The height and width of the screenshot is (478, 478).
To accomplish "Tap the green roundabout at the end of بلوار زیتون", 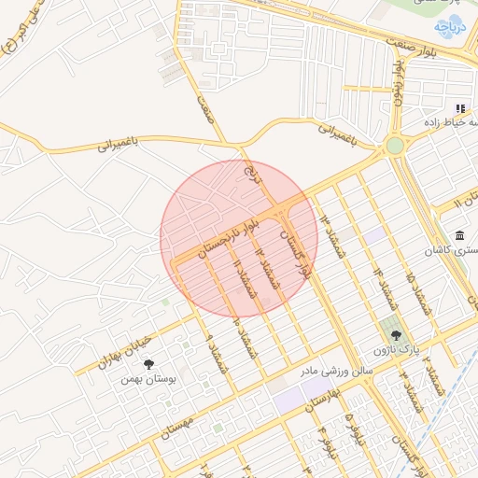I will pyautogui.click(x=395, y=146).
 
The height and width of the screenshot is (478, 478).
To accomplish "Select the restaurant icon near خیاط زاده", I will pyautogui.click(x=460, y=109).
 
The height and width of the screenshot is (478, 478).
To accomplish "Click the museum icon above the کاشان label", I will pyautogui.click(x=458, y=235).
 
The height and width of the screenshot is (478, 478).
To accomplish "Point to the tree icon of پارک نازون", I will pyautogui.click(x=396, y=335).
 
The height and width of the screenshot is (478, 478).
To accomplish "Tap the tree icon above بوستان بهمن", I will pyautogui.click(x=148, y=364).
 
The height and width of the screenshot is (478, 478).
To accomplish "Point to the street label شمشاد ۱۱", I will pyautogui.click(x=246, y=277).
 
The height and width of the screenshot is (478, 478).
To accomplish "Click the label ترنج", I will pyautogui.click(x=248, y=172).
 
